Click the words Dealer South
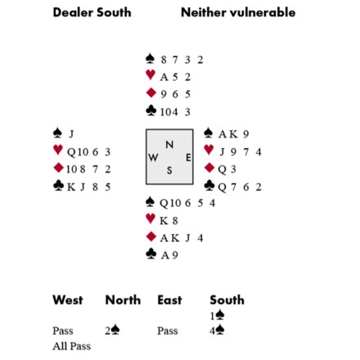point(92,12)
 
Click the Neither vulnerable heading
point(238,12)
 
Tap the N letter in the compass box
point(169,145)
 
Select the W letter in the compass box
point(153,157)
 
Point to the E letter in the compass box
point(188,157)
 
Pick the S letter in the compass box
point(169,170)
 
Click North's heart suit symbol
point(151,74)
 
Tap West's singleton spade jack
point(71,134)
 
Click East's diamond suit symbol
point(209,168)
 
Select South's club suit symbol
point(151,254)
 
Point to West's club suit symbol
point(59,186)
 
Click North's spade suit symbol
point(150,58)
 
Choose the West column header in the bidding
point(68,299)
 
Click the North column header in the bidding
point(123,299)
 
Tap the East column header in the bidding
point(169,299)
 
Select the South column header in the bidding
point(227,299)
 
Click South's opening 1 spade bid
point(217,316)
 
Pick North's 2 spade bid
point(112,331)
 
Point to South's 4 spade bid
point(217,331)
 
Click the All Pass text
point(72,346)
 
